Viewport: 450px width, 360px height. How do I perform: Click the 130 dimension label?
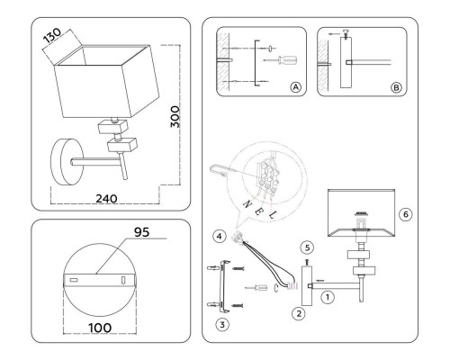52,36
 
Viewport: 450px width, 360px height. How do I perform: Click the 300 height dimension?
175,117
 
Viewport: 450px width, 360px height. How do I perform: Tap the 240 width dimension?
106,199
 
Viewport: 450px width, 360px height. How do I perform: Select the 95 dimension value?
141,232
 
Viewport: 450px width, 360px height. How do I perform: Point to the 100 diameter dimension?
100,328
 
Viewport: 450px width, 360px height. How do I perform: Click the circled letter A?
295,87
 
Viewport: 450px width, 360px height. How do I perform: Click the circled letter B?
396,87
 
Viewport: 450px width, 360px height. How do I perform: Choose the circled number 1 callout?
328,297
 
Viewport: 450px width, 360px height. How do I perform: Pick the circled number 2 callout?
299,314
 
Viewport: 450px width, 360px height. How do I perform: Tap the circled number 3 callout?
222,325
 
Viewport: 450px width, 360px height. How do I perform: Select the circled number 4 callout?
220,237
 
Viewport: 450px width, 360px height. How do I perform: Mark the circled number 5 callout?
307,247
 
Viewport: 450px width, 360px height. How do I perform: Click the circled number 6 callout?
406,214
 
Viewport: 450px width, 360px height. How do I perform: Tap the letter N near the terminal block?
247,204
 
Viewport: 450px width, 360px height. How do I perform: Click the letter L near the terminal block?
273,215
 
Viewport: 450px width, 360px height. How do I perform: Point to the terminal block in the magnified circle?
267,176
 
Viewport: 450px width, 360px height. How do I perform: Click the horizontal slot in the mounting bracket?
74,280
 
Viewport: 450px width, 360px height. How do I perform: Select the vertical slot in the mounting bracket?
123,280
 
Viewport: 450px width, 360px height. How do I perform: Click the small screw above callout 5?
307,262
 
